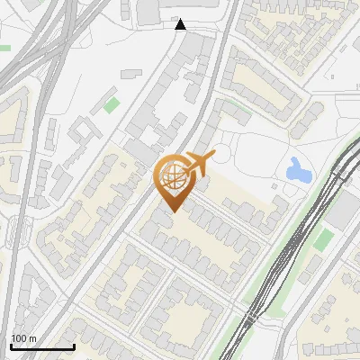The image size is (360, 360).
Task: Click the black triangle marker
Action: point(181,24)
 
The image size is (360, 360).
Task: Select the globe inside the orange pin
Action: point(171,177)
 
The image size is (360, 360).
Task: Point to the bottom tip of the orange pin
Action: point(171,211)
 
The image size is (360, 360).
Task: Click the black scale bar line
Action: point(42,346)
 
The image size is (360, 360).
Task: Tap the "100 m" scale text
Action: point(23,338)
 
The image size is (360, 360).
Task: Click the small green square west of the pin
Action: point(111,104)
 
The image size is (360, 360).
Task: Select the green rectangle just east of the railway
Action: point(323,239)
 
